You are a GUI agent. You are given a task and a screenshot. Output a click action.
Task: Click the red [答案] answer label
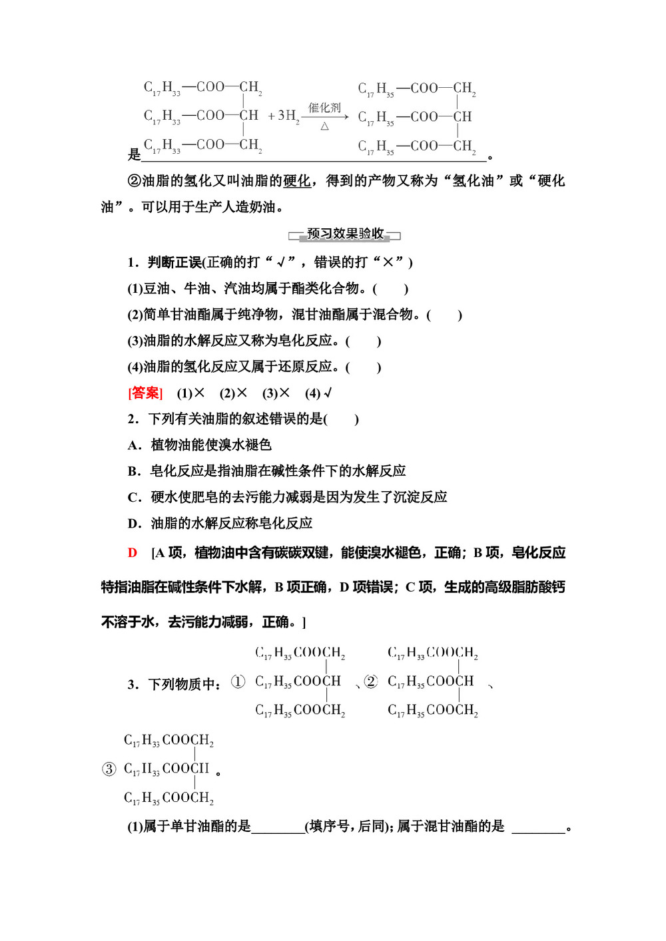[x=145, y=393]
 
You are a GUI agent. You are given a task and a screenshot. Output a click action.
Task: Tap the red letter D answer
[x=133, y=553]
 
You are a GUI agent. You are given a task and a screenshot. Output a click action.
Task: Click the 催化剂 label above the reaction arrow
[x=324, y=108]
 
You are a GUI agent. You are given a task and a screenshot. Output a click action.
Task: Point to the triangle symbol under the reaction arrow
[x=324, y=126]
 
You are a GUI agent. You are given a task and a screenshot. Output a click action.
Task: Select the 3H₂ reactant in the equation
[x=288, y=116]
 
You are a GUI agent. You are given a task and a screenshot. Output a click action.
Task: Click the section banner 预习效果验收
[x=345, y=234]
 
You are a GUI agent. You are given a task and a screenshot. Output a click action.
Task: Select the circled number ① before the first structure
[x=238, y=681]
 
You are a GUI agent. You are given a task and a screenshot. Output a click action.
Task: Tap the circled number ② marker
[x=371, y=681]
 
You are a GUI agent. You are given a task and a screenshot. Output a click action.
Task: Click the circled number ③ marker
[x=109, y=769]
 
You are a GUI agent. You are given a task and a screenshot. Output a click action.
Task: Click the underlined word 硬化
[x=297, y=181]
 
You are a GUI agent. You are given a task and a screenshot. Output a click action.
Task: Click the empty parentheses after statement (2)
[x=444, y=315]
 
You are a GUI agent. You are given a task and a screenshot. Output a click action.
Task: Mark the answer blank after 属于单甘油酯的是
[x=278, y=827]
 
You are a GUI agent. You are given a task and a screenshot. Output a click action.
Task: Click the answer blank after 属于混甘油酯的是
[x=538, y=827]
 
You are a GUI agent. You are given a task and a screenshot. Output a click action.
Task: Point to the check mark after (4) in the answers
[x=328, y=393]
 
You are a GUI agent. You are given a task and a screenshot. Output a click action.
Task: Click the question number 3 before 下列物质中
[x=131, y=685]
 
